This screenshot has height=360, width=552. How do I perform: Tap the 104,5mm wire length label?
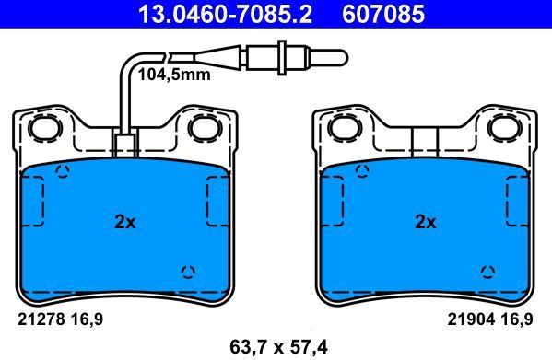click(x=173, y=75)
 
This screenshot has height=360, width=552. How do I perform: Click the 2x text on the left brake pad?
click(x=124, y=222)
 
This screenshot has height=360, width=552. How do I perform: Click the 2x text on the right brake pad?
click(x=425, y=222)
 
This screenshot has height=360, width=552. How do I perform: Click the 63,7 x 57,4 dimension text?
click(x=275, y=347)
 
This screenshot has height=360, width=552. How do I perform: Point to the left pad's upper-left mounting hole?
click(x=42, y=128)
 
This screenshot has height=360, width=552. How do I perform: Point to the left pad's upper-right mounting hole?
click(x=202, y=128)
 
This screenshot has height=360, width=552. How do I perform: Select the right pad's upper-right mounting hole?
click(x=503, y=128)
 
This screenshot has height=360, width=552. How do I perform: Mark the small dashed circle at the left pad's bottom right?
click(x=188, y=271)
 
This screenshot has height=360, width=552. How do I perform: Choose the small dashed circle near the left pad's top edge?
click(x=63, y=171)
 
